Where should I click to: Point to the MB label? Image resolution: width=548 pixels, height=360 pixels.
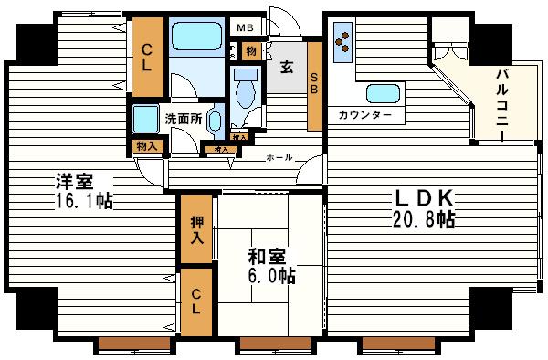246,26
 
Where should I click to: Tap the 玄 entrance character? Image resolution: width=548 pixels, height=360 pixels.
286,66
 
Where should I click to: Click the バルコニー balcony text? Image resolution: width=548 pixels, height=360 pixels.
502,102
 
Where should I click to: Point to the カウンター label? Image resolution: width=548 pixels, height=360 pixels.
364,115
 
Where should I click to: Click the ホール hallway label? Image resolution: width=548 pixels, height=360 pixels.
279,157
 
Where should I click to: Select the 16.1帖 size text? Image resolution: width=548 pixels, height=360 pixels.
82,201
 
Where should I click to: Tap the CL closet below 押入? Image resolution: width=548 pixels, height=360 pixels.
195,299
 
